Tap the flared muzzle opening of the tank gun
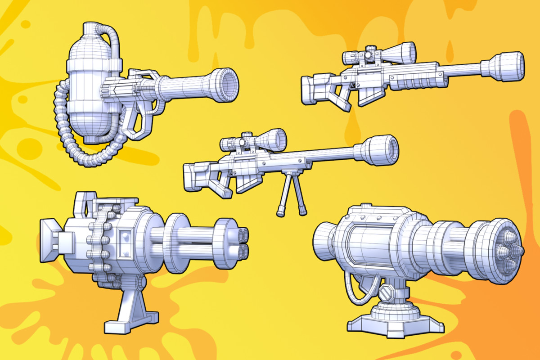227,84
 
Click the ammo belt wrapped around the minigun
101,243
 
